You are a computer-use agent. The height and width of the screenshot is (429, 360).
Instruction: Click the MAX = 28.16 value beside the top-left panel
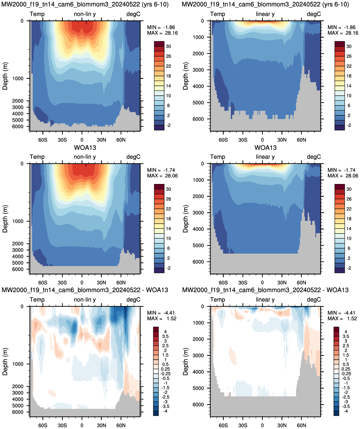(x=162, y=33)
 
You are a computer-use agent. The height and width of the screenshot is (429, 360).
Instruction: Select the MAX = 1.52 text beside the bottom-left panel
(x=162, y=318)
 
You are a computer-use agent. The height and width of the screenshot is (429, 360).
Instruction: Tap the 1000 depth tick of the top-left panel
(x=18, y=78)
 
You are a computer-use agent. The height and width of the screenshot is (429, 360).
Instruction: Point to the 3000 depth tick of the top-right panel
(x=198, y=70)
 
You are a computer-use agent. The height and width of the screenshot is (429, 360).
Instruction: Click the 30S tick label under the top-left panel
(x=62, y=140)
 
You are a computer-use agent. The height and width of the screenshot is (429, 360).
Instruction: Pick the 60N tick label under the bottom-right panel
(x=301, y=425)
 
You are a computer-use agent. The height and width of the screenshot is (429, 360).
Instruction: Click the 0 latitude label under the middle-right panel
(x=262, y=283)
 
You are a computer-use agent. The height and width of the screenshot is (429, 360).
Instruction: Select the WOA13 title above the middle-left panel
(x=85, y=147)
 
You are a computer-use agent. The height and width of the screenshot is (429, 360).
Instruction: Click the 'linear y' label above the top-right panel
(x=265, y=14)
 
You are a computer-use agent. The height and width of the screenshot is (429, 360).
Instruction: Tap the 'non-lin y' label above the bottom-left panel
(x=85, y=300)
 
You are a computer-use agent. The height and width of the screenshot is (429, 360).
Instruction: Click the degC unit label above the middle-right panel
(x=314, y=157)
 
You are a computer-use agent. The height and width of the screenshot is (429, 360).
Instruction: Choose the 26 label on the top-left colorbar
(x=168, y=56)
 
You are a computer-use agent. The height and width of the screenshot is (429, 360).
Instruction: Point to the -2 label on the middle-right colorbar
(x=349, y=268)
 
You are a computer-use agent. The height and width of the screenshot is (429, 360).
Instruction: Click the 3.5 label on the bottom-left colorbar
(x=165, y=336)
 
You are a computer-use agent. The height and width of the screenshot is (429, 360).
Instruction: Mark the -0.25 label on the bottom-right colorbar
(x=346, y=374)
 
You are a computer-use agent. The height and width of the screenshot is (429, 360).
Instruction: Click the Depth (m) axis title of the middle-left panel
(x=5, y=219)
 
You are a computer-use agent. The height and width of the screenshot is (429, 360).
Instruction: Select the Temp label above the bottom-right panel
(x=218, y=300)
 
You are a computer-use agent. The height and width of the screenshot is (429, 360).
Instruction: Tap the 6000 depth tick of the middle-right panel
(x=198, y=262)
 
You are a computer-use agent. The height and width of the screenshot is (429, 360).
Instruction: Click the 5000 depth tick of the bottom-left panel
(x=18, y=405)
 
